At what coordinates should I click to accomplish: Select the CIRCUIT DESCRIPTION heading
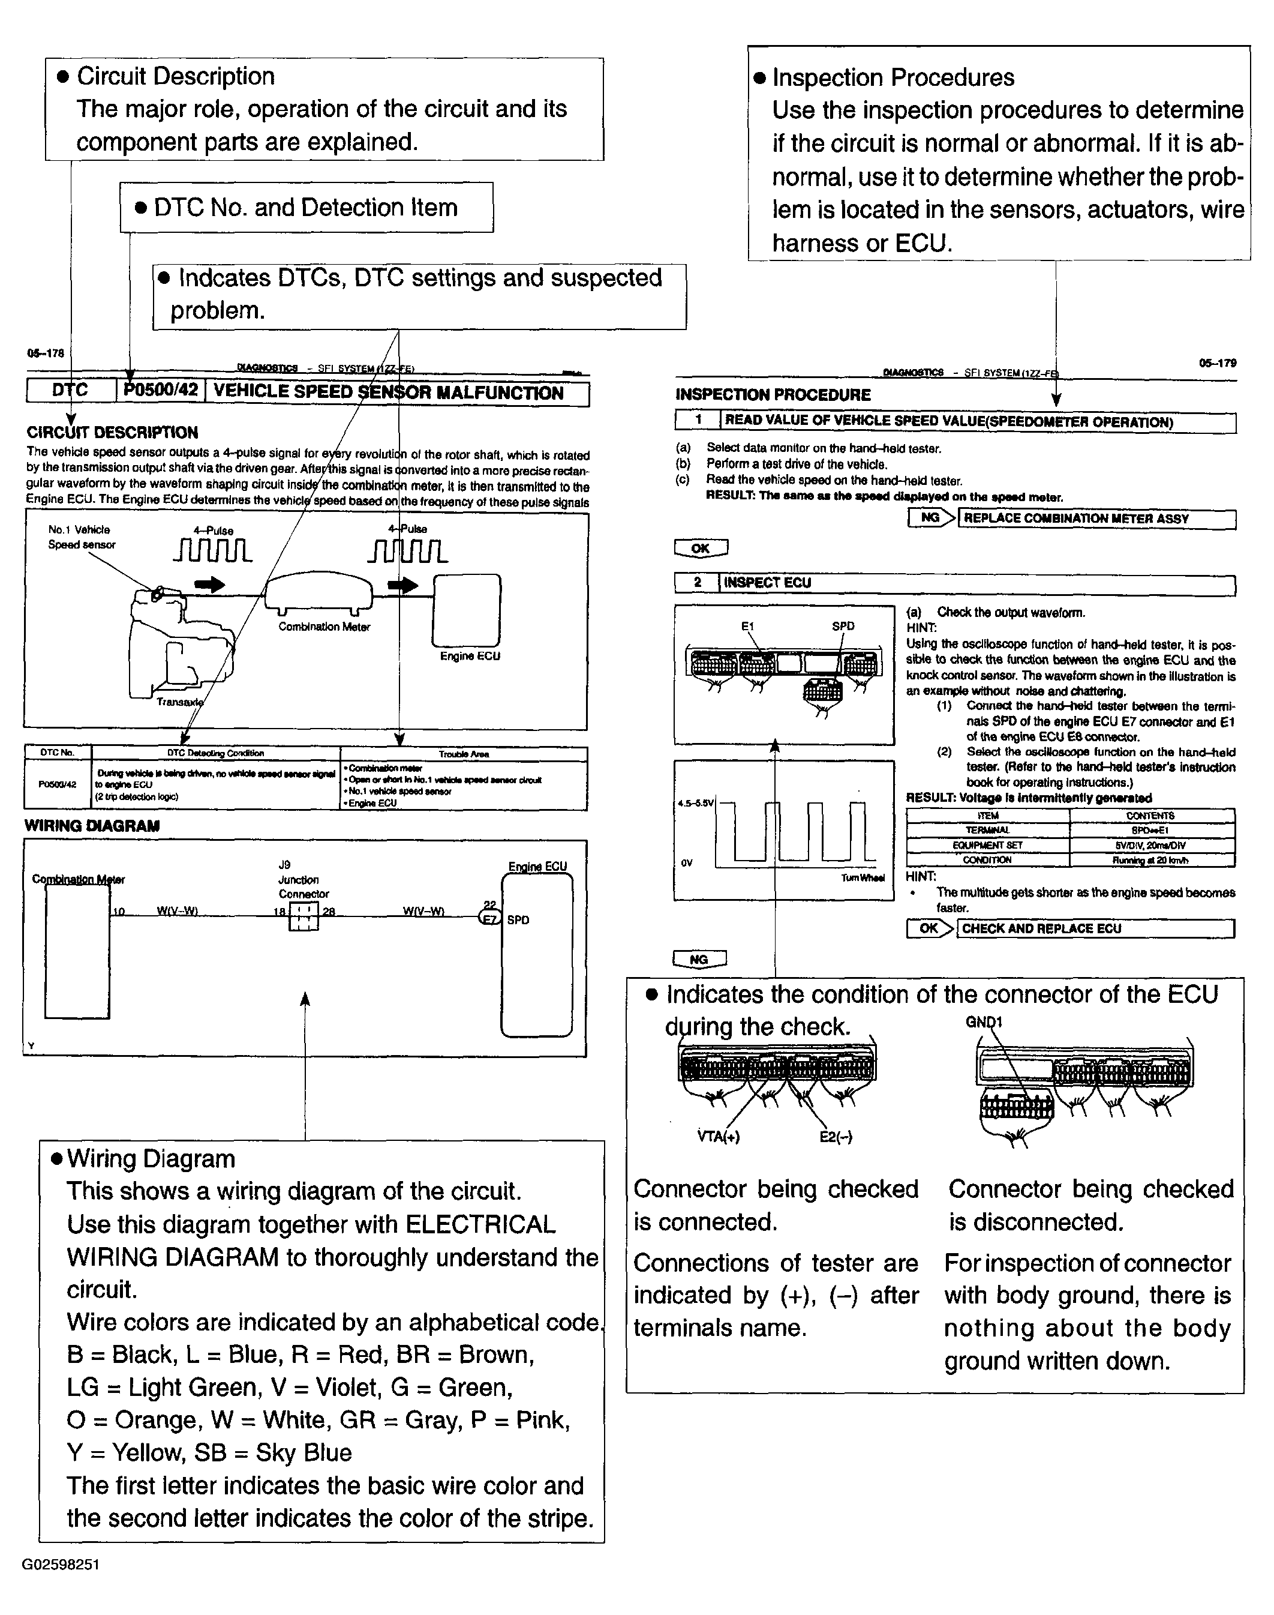click(112, 432)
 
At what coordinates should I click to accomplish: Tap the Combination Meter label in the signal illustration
click(324, 627)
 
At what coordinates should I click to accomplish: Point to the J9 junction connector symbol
click(304, 916)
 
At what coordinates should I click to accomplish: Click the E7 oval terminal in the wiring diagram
click(489, 919)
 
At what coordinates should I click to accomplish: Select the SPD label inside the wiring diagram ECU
click(518, 920)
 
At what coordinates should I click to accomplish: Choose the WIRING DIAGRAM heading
click(92, 825)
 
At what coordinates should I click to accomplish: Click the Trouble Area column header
click(463, 754)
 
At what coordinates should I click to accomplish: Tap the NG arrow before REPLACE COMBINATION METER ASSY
click(932, 518)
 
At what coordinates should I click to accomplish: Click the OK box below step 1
click(701, 549)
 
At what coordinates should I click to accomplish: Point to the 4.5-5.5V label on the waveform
click(695, 804)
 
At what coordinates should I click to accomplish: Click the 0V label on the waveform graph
click(686, 863)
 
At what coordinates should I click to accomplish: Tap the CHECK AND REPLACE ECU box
click(1095, 928)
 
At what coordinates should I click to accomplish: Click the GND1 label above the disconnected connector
click(983, 1021)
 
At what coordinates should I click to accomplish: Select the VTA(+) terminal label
click(719, 1137)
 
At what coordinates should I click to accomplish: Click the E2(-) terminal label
click(836, 1137)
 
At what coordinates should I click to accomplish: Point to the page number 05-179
click(1217, 364)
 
